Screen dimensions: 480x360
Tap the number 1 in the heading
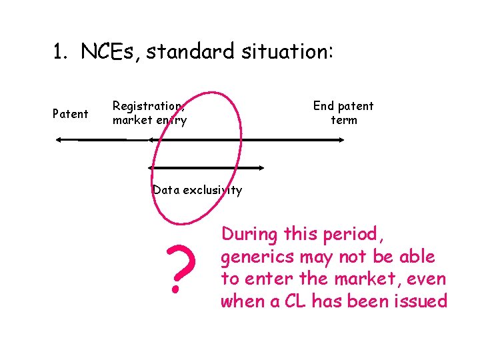click(59, 51)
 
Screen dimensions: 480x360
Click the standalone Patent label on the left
click(70, 114)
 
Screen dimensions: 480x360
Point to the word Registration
click(148, 106)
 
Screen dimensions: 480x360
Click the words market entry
click(149, 121)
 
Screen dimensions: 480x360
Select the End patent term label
click(343, 113)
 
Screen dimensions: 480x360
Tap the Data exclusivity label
click(197, 190)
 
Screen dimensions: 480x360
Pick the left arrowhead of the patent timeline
click(59, 140)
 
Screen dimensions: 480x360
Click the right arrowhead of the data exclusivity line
click(261, 168)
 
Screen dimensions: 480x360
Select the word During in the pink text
click(251, 235)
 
